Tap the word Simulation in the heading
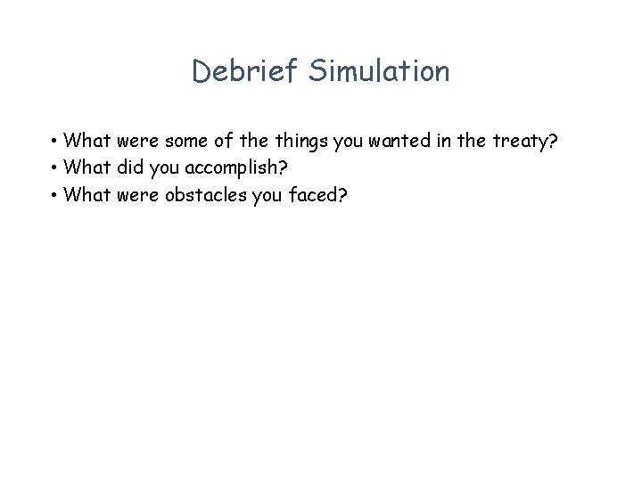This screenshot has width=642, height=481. (379, 71)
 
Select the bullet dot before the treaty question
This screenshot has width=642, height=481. (54, 141)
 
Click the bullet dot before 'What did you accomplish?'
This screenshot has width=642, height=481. (54, 167)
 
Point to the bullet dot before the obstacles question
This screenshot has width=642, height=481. (54, 194)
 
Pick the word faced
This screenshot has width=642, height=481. (316, 194)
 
